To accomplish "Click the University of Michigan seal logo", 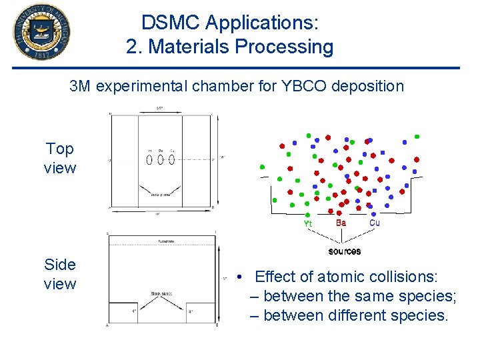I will (41, 31).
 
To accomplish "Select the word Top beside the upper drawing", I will (60, 149).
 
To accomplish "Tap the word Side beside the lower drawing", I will (60, 265).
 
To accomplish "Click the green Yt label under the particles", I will (307, 224).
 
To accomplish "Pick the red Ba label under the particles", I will (341, 223).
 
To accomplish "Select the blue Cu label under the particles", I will (374, 223).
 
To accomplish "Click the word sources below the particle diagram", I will (345, 251).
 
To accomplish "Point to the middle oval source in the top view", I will (161, 160).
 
